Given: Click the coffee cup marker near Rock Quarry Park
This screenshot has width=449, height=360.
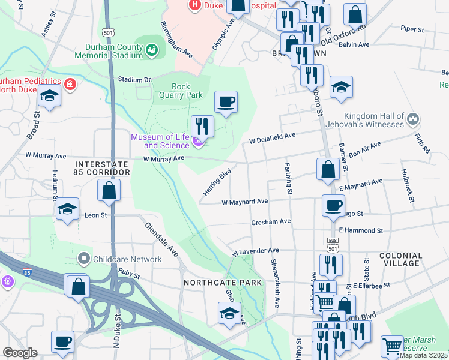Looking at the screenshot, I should point(226,102).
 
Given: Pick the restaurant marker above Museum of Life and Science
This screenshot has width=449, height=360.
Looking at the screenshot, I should point(202,125).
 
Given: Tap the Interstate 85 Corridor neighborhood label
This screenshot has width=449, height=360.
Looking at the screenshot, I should point(102,167).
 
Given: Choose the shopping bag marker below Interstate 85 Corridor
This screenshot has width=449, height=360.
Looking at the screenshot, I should point(109,191).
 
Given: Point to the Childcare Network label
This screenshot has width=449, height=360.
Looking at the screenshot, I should point(127,259).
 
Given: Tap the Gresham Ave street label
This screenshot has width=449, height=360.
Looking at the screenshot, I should point(271,221).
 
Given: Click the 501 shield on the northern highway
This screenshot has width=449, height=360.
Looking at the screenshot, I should point(108,32).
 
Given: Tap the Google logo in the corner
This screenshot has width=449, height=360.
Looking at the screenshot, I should point(20,353).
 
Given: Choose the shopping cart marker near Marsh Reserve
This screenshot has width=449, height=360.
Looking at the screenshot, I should point(392,346).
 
